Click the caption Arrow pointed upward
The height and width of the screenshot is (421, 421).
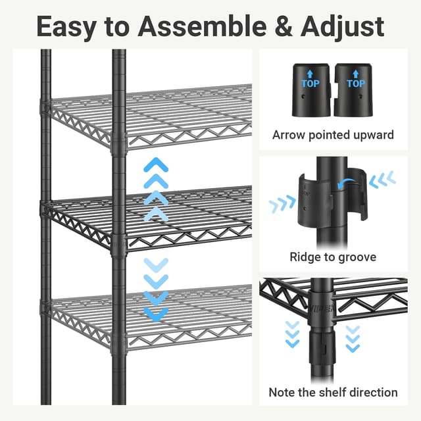333,135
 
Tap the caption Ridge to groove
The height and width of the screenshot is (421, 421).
333,257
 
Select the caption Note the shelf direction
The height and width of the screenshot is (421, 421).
333,392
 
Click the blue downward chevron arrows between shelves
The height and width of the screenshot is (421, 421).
156,289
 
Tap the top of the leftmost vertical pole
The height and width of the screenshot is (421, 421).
46,56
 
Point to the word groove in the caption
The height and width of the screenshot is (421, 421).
356,257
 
